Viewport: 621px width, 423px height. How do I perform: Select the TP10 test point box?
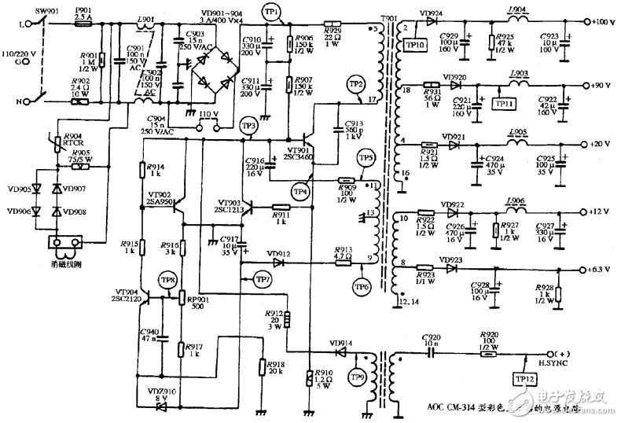coord(414,46)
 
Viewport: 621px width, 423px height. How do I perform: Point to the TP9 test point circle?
coord(356,378)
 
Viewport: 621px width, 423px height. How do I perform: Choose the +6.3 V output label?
coord(602,269)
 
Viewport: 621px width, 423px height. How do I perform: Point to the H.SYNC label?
coord(548,362)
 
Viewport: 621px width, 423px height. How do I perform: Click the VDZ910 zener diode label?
coord(160,392)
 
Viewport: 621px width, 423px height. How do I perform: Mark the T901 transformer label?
coord(388,17)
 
